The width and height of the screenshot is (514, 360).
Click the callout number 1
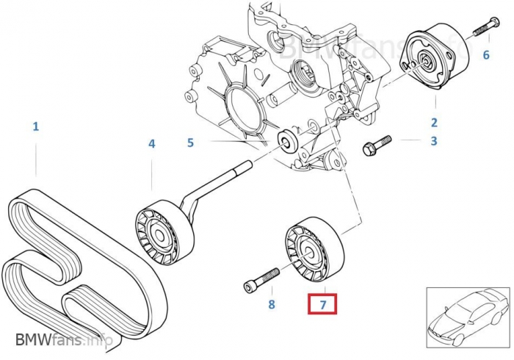click(x=35, y=126)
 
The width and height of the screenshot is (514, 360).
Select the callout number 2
click(x=434, y=123)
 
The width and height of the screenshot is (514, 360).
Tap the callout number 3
click(x=434, y=140)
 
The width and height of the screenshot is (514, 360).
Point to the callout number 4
click(x=152, y=144)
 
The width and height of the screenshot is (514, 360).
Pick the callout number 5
click(x=190, y=142)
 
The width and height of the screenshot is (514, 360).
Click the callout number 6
click(x=485, y=54)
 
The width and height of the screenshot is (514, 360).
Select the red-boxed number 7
click(x=321, y=303)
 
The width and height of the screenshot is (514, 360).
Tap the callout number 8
click(x=271, y=304)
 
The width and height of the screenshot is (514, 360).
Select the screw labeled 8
click(x=260, y=279)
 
